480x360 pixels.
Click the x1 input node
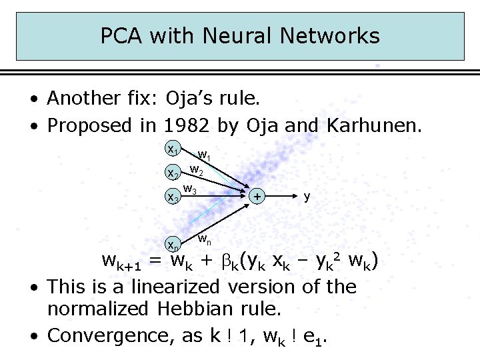point(172,150)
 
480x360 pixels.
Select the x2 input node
point(172,173)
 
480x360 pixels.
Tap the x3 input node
point(172,197)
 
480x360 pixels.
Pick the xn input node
point(172,242)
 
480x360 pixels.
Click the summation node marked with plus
point(257,197)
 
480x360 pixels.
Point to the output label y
point(307,196)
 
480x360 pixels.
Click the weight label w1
point(205,157)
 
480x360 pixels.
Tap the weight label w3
point(190,190)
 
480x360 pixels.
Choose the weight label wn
point(205,238)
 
